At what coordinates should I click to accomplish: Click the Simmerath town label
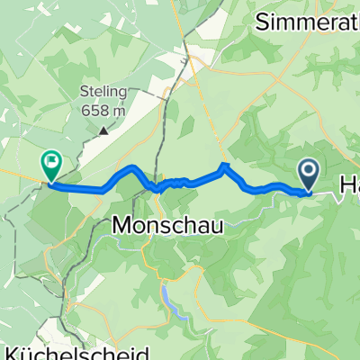pyautogui.click(x=306, y=23)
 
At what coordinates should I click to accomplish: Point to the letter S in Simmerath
pyautogui.click(x=262, y=23)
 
